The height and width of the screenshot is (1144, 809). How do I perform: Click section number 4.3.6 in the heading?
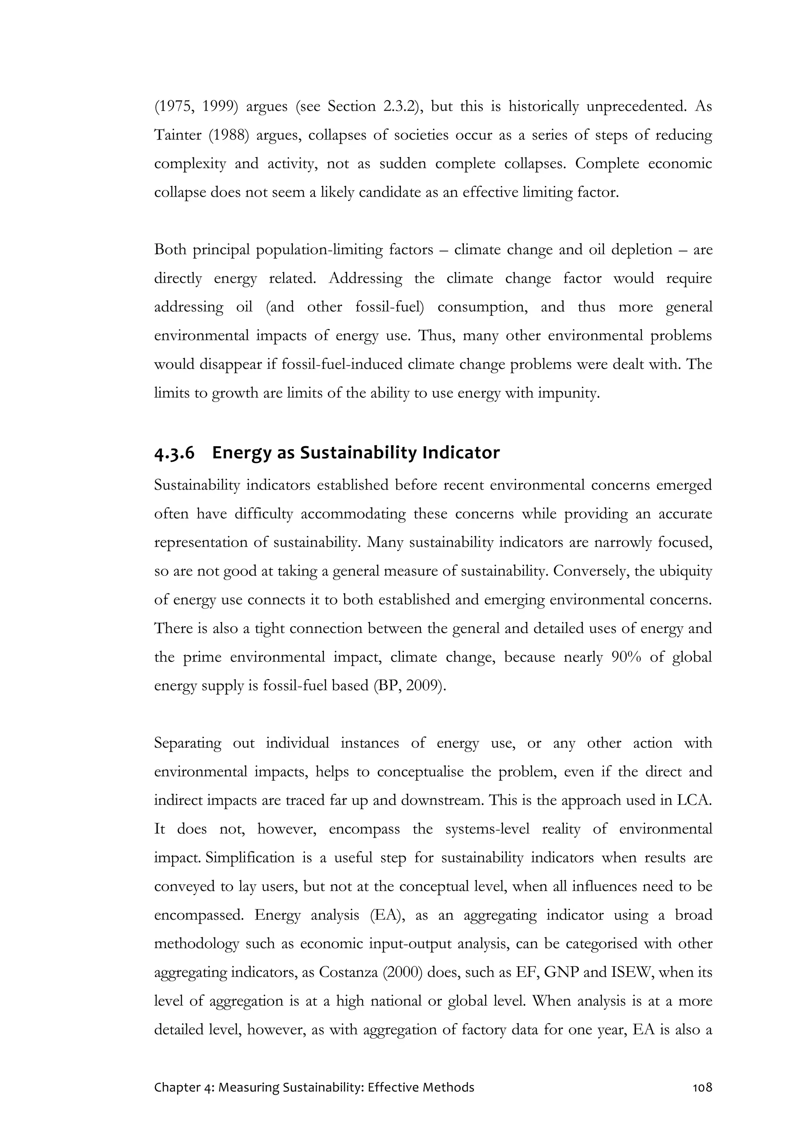175,453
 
